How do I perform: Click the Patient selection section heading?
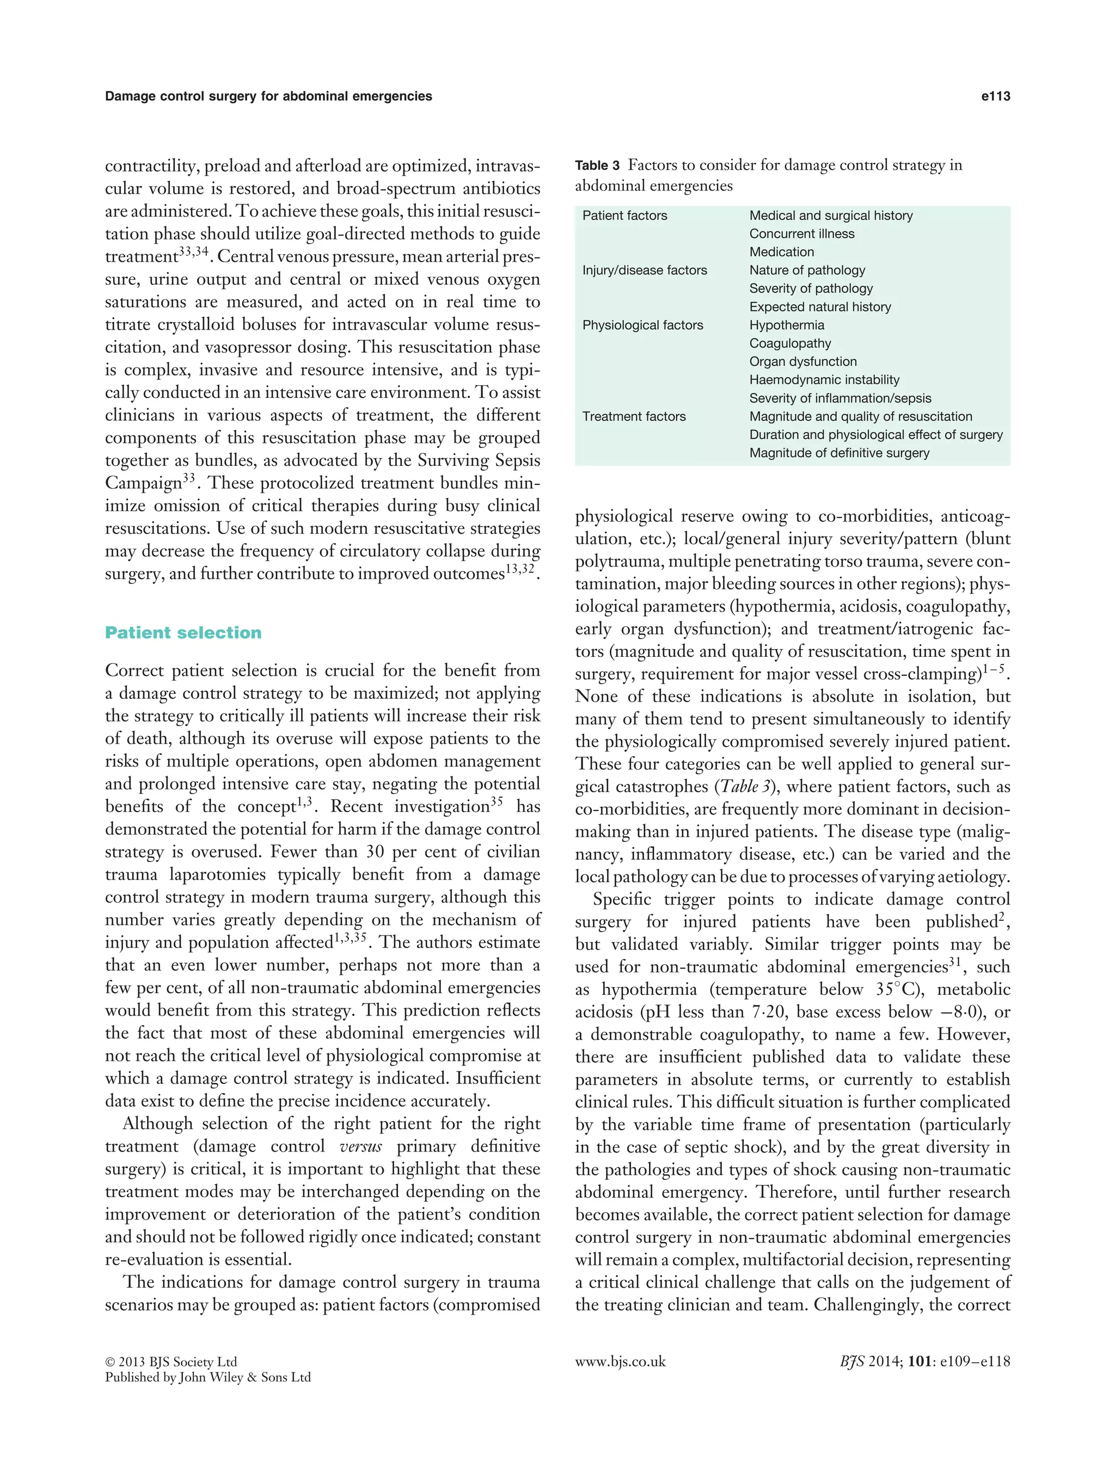183,632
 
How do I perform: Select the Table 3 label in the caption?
597,166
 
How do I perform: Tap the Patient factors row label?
624,216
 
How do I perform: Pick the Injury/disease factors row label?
645,270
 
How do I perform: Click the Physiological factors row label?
642,325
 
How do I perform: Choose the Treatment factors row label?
634,417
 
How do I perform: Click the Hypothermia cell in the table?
787,325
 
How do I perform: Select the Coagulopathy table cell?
790,344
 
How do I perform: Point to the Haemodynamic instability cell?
824,380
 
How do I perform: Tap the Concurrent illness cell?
802,233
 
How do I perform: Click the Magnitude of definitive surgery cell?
839,453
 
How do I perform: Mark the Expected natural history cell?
820,307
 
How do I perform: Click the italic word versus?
360,1147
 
